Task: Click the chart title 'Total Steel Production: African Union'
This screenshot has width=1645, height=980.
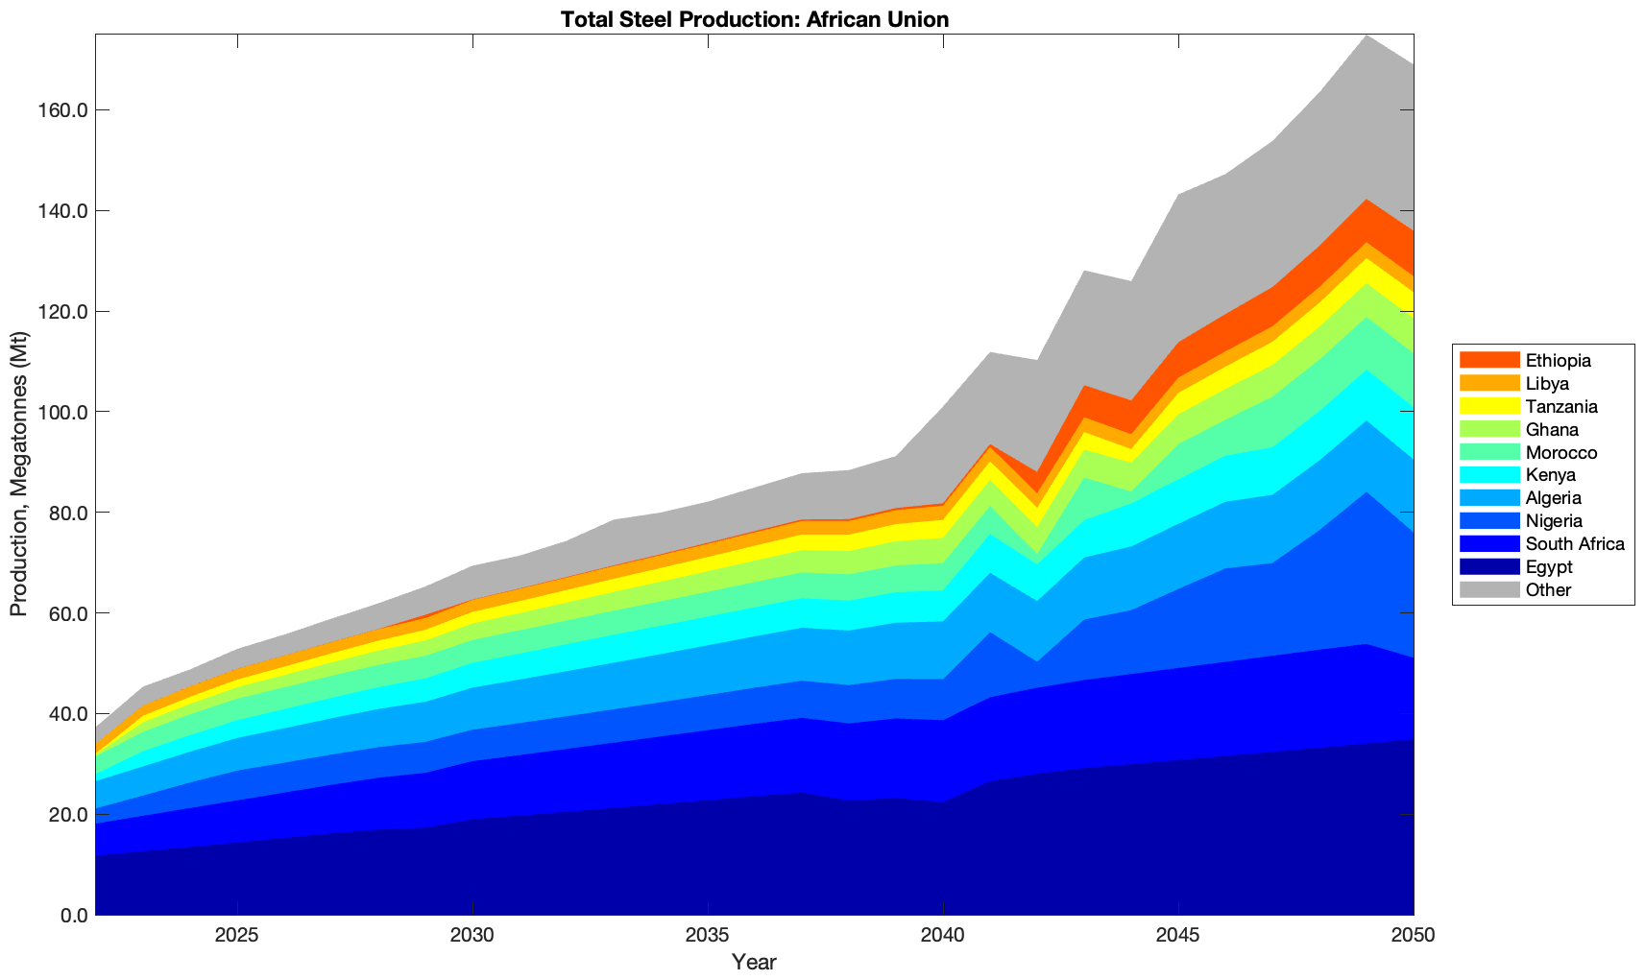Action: coord(754,18)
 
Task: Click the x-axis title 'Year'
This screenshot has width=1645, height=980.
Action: coord(754,962)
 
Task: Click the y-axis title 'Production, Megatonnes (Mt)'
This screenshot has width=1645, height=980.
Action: coord(18,474)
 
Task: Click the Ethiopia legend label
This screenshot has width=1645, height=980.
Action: coord(1558,361)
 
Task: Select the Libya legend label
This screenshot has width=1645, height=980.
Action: coord(1547,384)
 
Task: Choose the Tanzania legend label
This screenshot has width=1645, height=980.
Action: coord(1561,407)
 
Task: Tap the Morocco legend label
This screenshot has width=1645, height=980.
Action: coord(1560,453)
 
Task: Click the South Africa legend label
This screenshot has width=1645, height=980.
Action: coord(1575,544)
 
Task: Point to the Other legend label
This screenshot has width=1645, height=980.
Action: coord(1548,590)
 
